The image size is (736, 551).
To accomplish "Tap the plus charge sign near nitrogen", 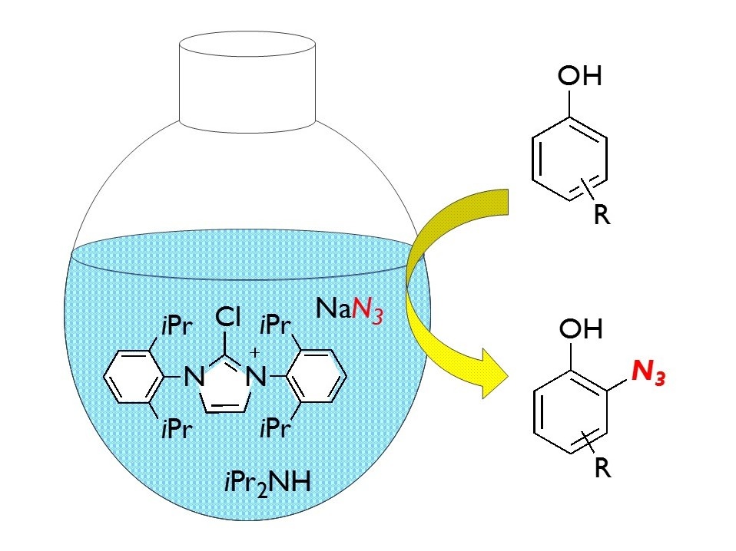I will (x=254, y=352).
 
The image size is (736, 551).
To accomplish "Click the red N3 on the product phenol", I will (x=648, y=374).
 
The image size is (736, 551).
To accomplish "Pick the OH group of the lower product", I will (x=579, y=332).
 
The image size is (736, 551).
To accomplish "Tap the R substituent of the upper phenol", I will (x=602, y=216).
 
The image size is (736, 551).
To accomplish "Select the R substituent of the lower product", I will (x=602, y=469).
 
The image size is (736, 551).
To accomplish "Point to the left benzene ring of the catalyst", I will (x=135, y=377).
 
